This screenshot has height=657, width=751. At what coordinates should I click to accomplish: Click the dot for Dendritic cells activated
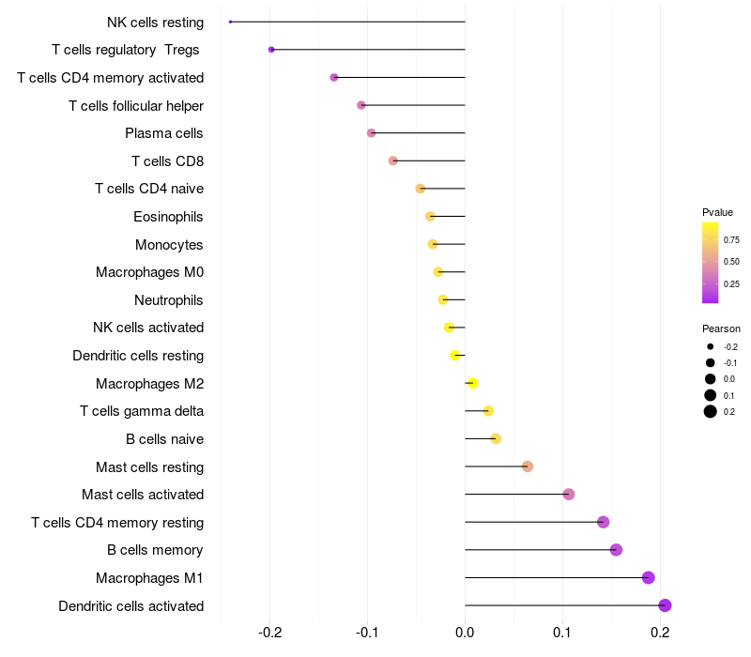click(x=665, y=605)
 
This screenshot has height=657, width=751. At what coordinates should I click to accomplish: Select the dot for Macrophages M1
click(x=648, y=577)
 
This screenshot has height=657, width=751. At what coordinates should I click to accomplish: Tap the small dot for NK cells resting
click(x=230, y=22)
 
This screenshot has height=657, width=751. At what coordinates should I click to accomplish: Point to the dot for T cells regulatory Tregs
click(x=271, y=50)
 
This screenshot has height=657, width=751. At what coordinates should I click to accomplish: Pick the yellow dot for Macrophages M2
click(x=473, y=383)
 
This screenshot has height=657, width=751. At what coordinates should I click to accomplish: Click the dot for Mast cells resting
click(x=528, y=466)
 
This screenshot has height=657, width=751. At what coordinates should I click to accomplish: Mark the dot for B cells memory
click(x=616, y=550)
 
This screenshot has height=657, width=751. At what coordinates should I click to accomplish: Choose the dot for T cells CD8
click(x=393, y=160)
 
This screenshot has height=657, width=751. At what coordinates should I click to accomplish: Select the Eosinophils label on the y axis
click(x=169, y=217)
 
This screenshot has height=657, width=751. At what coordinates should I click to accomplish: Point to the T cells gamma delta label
click(x=142, y=411)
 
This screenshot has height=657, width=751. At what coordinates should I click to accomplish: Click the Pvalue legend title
click(x=717, y=212)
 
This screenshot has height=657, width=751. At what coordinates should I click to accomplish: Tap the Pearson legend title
click(x=721, y=328)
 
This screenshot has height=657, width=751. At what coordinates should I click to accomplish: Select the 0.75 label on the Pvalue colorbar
click(x=731, y=239)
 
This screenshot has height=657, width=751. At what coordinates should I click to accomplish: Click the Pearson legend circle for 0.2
click(x=711, y=411)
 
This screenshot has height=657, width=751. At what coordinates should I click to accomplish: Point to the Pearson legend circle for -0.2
click(x=711, y=346)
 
